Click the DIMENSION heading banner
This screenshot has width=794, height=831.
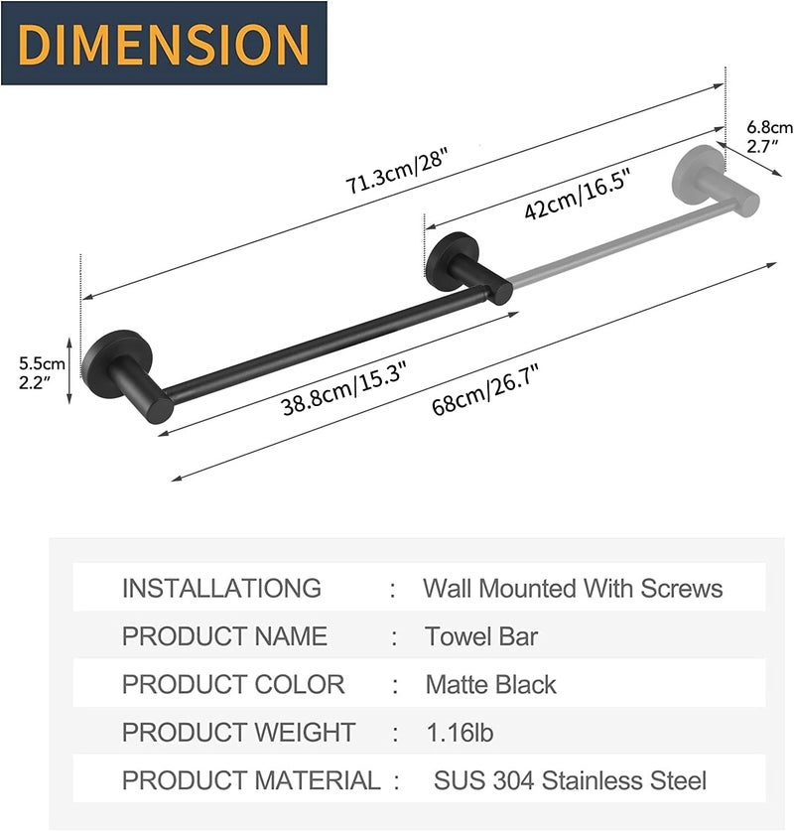coord(164,43)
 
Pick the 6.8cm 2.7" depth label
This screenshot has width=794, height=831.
coord(769,137)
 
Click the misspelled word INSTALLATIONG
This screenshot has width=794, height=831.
coord(221,588)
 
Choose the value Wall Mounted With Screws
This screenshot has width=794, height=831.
coord(573,588)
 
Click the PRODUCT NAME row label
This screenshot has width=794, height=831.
coord(224,635)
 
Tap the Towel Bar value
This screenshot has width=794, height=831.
coord(481,635)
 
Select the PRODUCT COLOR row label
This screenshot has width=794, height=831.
coord(233,684)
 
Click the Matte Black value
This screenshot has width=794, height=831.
coord(490,684)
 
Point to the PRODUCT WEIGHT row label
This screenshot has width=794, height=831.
coord(238,733)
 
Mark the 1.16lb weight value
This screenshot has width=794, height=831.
coord(460,733)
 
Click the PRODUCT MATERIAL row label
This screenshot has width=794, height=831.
coord(250,780)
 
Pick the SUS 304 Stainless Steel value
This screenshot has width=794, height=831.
coord(570,780)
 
